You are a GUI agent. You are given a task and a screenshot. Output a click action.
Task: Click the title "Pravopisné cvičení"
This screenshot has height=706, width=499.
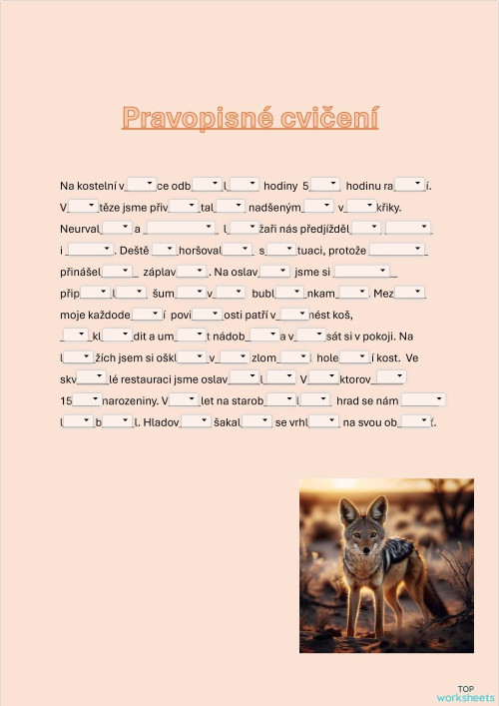coord(249,118)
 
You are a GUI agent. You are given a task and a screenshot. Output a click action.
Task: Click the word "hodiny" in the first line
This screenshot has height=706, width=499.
coord(280,185)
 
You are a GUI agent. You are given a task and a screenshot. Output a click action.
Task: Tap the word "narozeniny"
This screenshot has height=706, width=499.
coord(130,400)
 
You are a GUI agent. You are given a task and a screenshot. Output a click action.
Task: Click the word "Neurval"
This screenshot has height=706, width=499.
coord(80,229)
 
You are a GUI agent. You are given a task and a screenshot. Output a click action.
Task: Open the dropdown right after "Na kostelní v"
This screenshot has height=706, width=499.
coord(142,184)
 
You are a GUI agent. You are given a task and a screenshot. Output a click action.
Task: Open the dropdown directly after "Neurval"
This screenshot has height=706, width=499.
coord(116,228)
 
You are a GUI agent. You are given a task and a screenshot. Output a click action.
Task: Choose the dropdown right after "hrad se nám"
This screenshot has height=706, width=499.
coord(422,399)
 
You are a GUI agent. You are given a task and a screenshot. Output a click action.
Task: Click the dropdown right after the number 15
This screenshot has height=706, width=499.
coord(87,399)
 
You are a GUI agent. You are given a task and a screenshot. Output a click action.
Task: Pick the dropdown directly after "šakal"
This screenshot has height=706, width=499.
coord(256,420)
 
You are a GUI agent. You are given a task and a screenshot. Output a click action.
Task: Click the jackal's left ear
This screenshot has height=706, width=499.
coord(348,509)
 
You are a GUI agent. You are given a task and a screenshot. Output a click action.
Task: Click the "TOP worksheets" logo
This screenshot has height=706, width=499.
coord(465,693)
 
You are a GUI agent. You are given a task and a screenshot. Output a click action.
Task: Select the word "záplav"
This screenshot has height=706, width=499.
coord(160,271)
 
